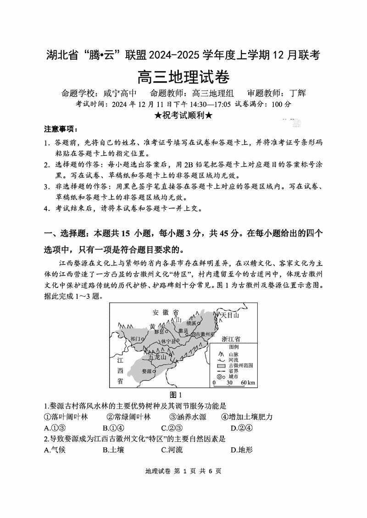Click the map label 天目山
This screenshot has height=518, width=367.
point(230,315)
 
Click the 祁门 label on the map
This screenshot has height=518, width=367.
point(135,339)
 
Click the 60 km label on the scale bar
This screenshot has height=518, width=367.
point(248,382)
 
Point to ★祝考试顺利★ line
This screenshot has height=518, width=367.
point(183,115)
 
